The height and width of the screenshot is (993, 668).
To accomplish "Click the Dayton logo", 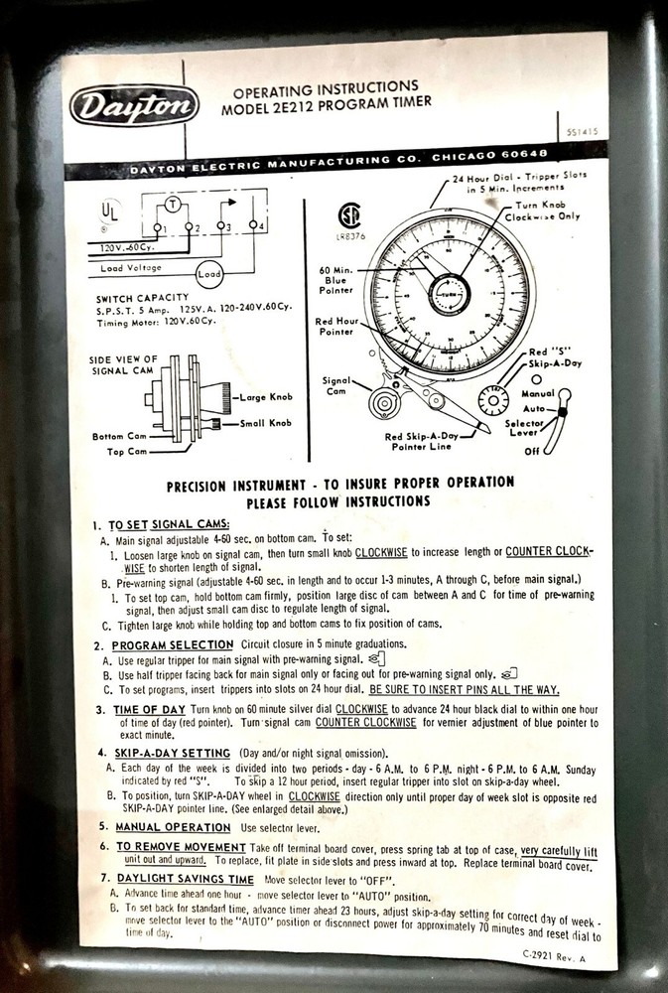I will (134, 103).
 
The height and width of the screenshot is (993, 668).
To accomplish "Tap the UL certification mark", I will (108, 213).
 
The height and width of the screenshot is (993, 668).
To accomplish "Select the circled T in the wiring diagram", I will (171, 203).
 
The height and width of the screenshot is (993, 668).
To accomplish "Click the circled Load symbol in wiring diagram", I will (208, 273).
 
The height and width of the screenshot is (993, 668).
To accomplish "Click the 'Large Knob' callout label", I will (265, 397).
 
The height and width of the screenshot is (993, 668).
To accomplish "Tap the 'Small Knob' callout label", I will (265, 423).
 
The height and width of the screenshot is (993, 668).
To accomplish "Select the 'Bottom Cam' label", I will (121, 436).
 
